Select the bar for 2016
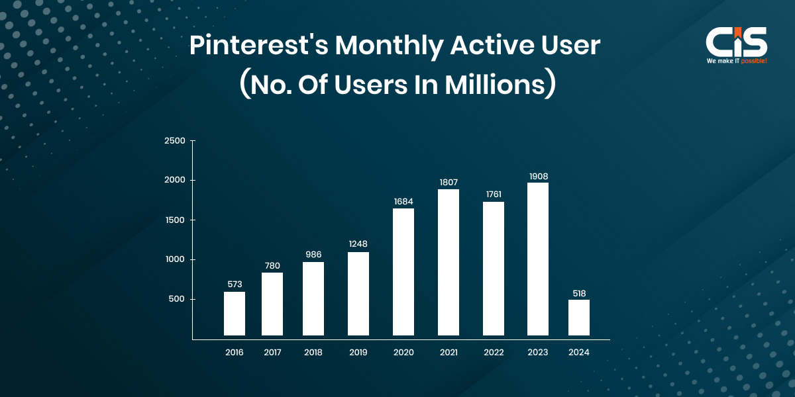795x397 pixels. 235,314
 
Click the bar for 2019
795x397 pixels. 358,294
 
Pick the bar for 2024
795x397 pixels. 579,318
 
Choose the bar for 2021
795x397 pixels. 449,262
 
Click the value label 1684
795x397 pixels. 403,201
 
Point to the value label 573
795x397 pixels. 235,285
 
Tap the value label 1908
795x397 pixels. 538,176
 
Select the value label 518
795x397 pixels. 579,293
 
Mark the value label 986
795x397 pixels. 313,255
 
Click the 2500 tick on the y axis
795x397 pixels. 176,140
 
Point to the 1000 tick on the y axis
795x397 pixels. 176,259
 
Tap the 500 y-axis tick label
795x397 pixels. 178,299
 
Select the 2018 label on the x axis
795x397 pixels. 313,353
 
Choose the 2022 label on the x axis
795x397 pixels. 494,353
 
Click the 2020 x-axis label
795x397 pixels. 403,353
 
